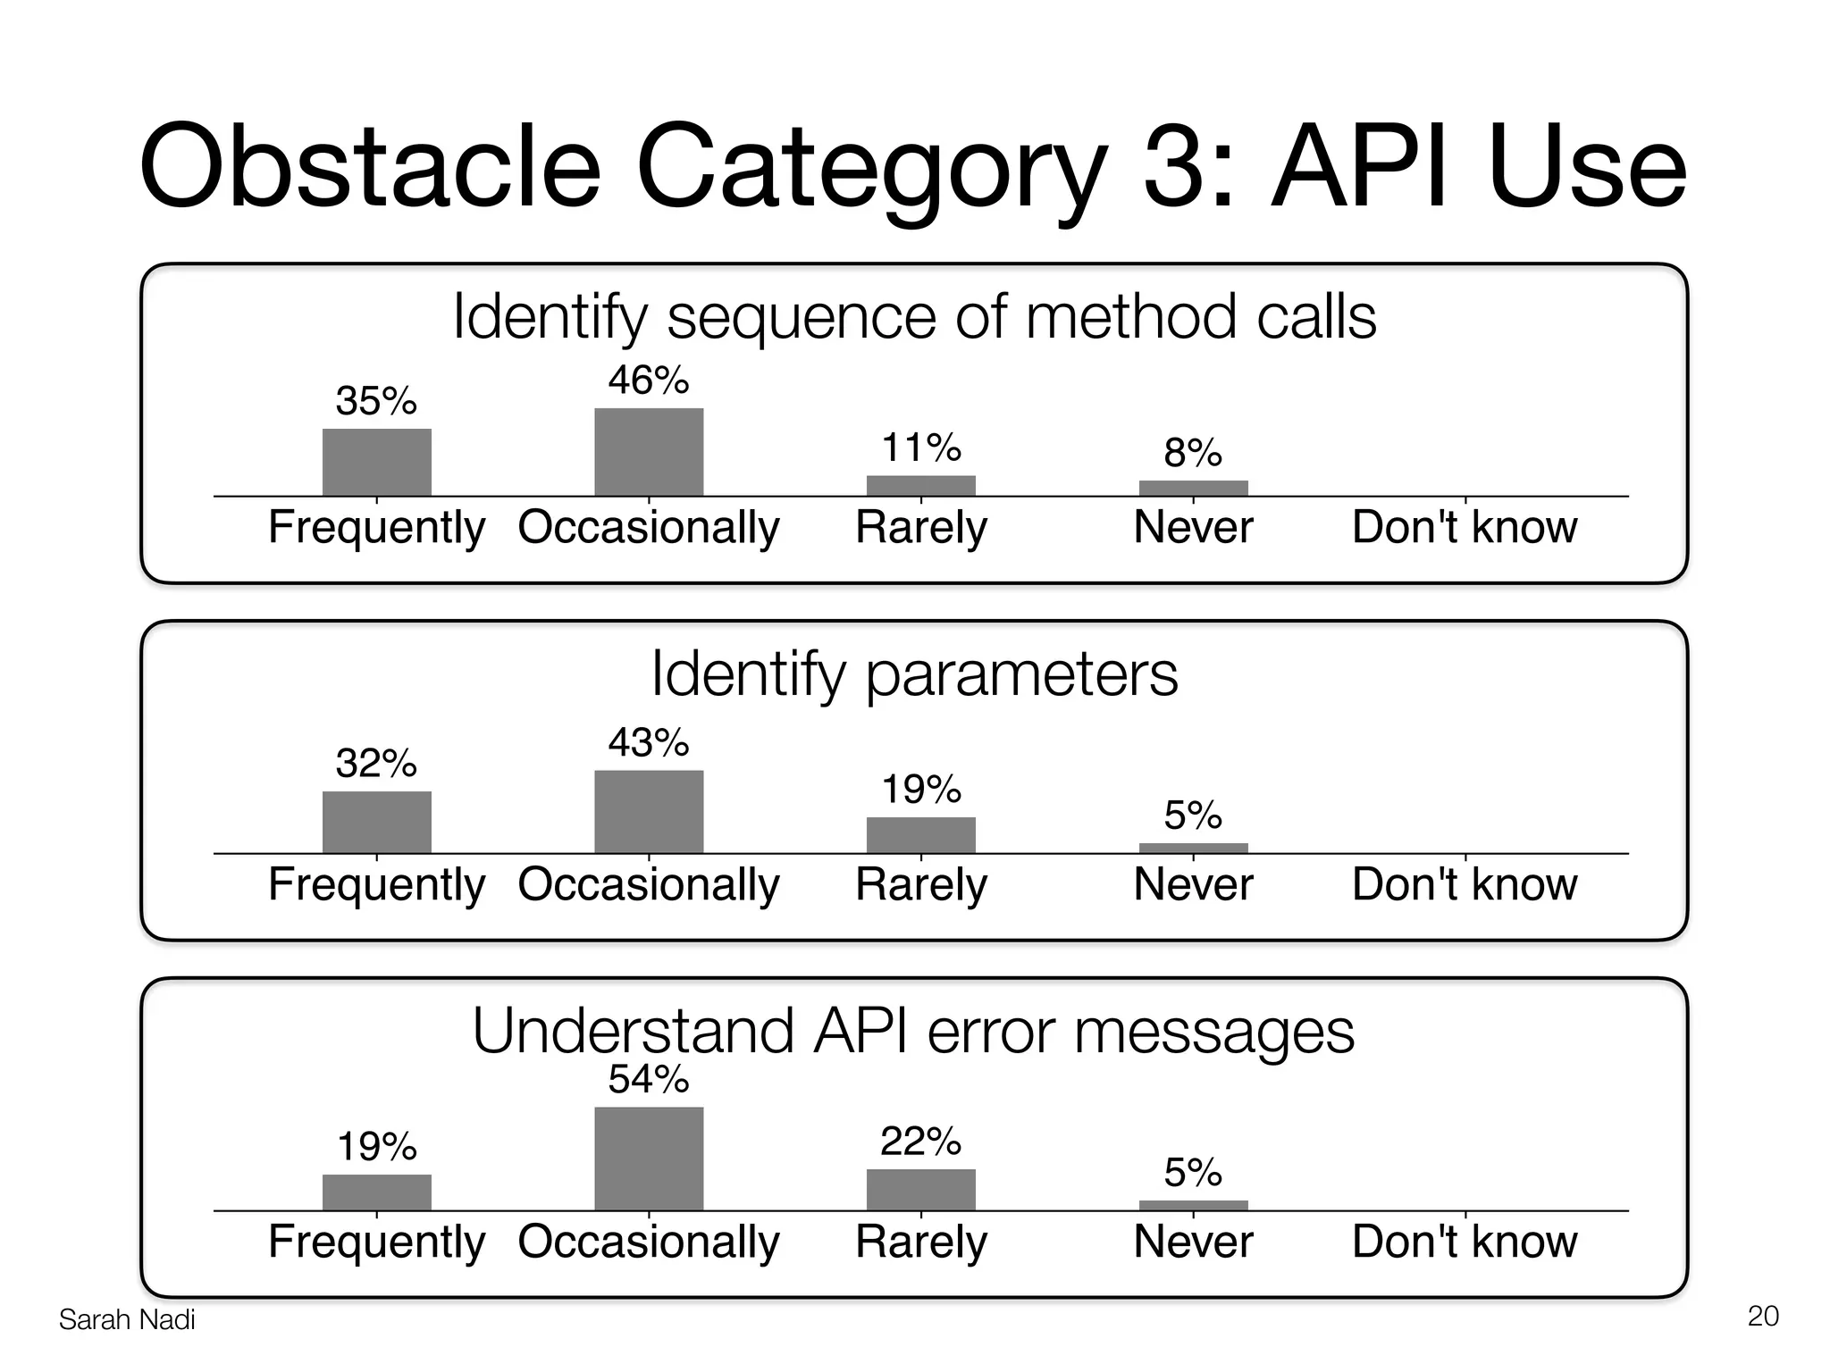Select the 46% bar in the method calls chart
coord(649,452)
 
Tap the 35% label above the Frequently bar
coord(376,401)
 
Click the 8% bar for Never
coord(1193,488)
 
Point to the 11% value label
coord(921,448)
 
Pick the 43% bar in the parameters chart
coord(649,812)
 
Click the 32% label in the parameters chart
coord(376,764)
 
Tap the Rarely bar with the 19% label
coord(921,835)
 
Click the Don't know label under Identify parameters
coord(1465,884)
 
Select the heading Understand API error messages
coord(913,1031)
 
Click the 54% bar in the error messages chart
coord(649,1159)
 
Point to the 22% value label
coord(921,1142)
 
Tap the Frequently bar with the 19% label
coord(376,1192)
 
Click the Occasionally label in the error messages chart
coord(649,1242)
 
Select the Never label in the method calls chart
coord(1193,527)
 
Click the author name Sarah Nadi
coord(127,1320)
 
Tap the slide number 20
coord(1762,1317)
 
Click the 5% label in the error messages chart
coord(1193,1173)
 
